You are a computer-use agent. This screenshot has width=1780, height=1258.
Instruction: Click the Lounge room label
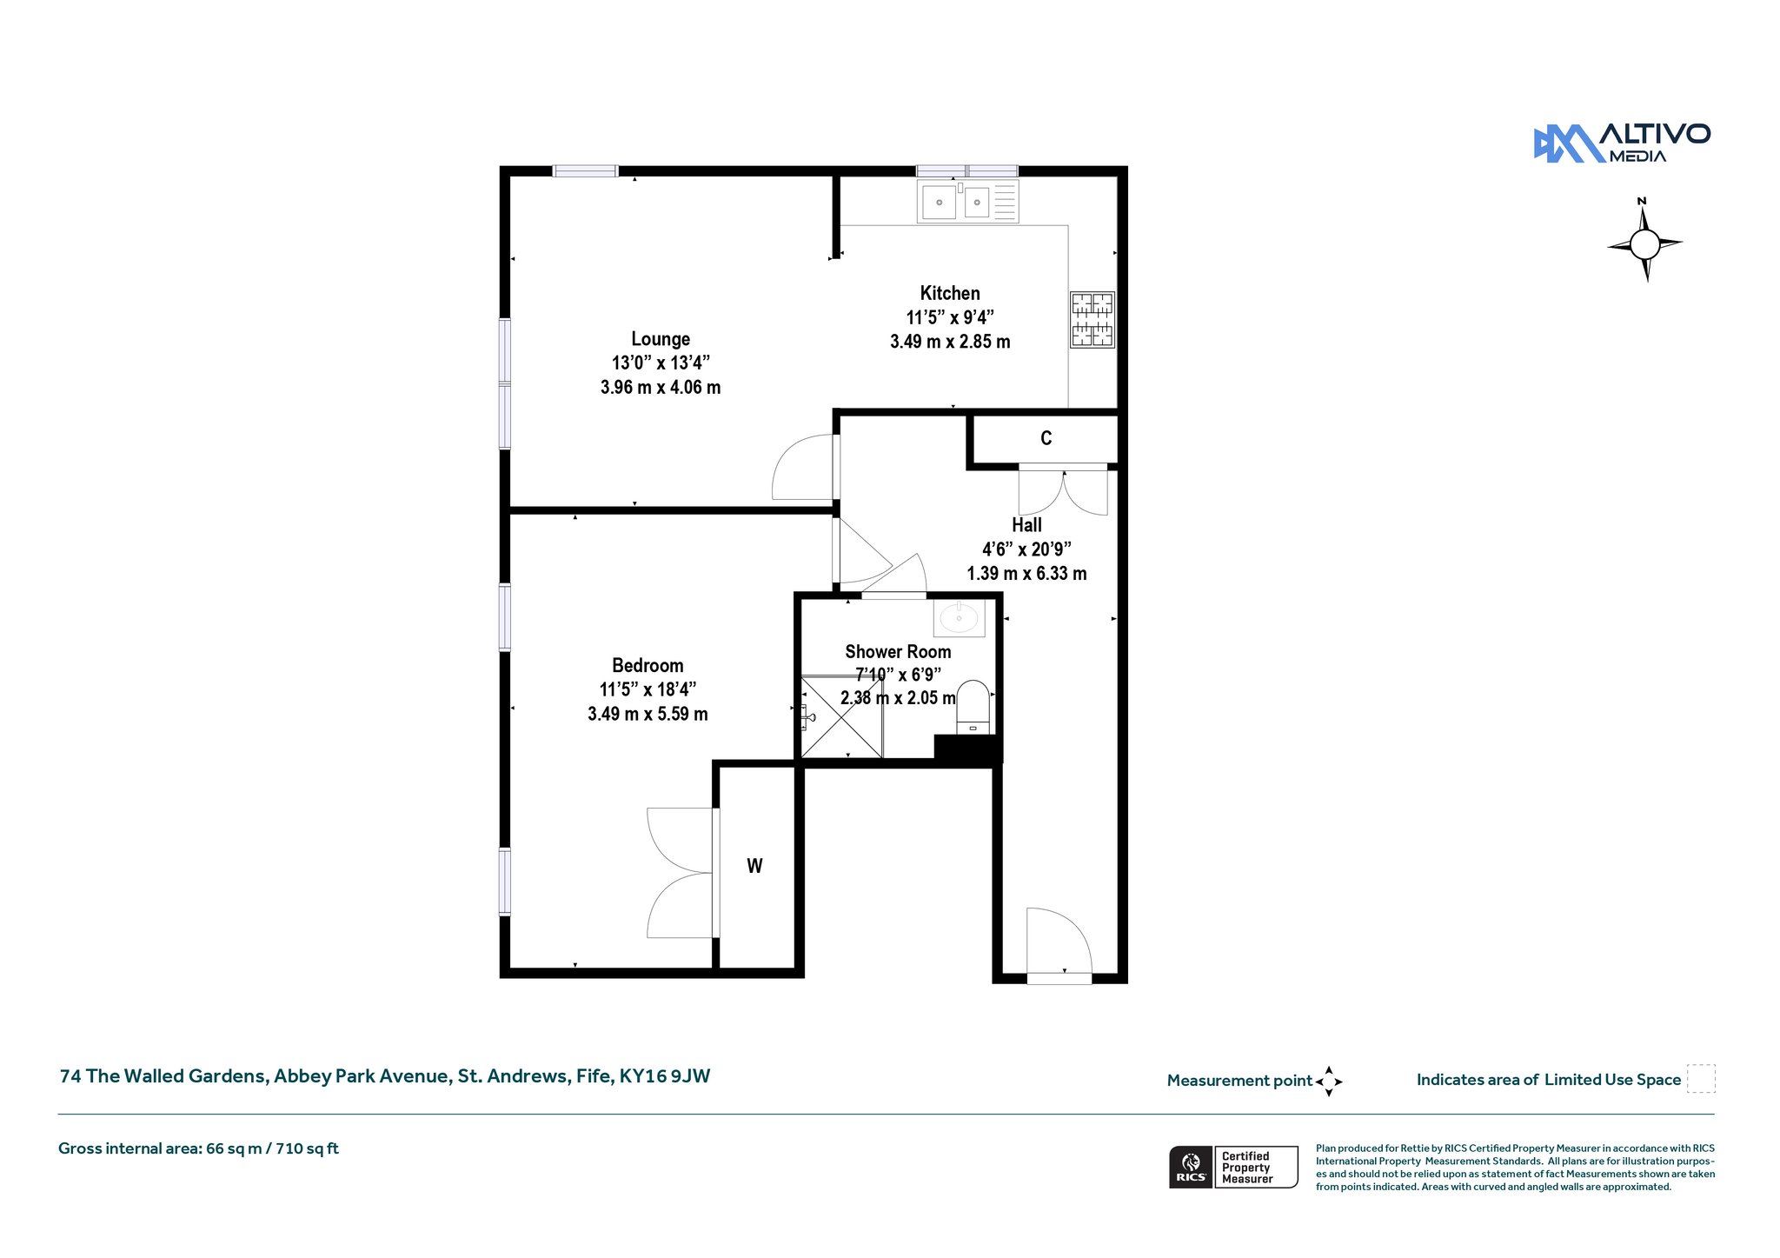(661, 339)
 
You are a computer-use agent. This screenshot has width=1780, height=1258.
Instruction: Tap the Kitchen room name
(950, 293)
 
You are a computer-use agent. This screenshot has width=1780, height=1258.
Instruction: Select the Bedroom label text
(648, 665)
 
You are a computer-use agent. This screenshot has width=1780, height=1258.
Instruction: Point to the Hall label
(1026, 525)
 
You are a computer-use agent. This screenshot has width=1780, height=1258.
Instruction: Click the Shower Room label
(898, 651)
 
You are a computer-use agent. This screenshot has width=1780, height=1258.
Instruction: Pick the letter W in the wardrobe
(754, 866)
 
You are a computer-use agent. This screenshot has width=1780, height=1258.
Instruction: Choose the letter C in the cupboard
(1046, 438)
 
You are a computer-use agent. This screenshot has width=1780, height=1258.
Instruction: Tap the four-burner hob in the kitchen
(1093, 320)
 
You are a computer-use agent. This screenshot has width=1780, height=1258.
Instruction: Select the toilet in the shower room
(973, 707)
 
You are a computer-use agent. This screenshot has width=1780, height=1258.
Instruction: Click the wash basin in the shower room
(960, 618)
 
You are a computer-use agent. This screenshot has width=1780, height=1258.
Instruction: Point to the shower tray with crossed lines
(841, 717)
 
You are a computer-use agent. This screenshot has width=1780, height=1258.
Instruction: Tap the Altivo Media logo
(1622, 143)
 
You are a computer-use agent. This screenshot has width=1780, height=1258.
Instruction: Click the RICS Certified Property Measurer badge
(1233, 1167)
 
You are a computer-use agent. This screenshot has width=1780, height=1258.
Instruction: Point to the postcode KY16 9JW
(664, 1076)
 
